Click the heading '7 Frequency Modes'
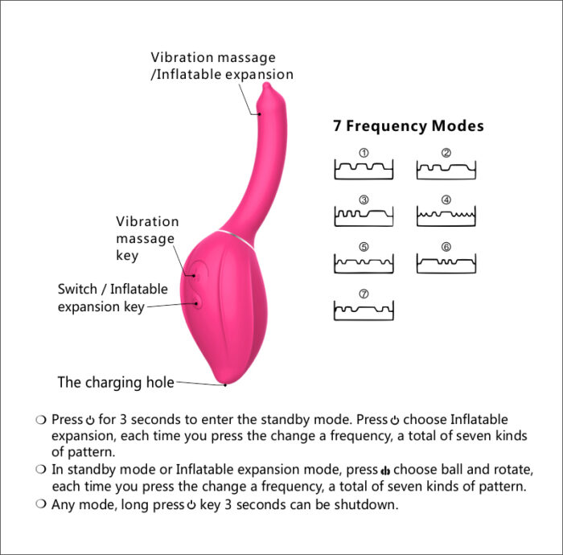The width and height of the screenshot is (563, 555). tap(408, 126)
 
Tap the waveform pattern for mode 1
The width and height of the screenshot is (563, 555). tap(364, 169)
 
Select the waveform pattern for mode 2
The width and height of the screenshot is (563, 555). tap(446, 169)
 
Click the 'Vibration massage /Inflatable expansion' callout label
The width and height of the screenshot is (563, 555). tap(221, 66)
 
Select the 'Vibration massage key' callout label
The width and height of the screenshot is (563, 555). tap(147, 238)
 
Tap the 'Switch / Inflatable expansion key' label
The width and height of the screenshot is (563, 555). tap(113, 298)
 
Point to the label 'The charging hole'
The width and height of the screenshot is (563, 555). tap(116, 383)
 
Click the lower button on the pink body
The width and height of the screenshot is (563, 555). tap(196, 303)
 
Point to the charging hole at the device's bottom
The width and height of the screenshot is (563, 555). tap(226, 384)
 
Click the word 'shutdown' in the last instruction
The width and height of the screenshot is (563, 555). tap(368, 505)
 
